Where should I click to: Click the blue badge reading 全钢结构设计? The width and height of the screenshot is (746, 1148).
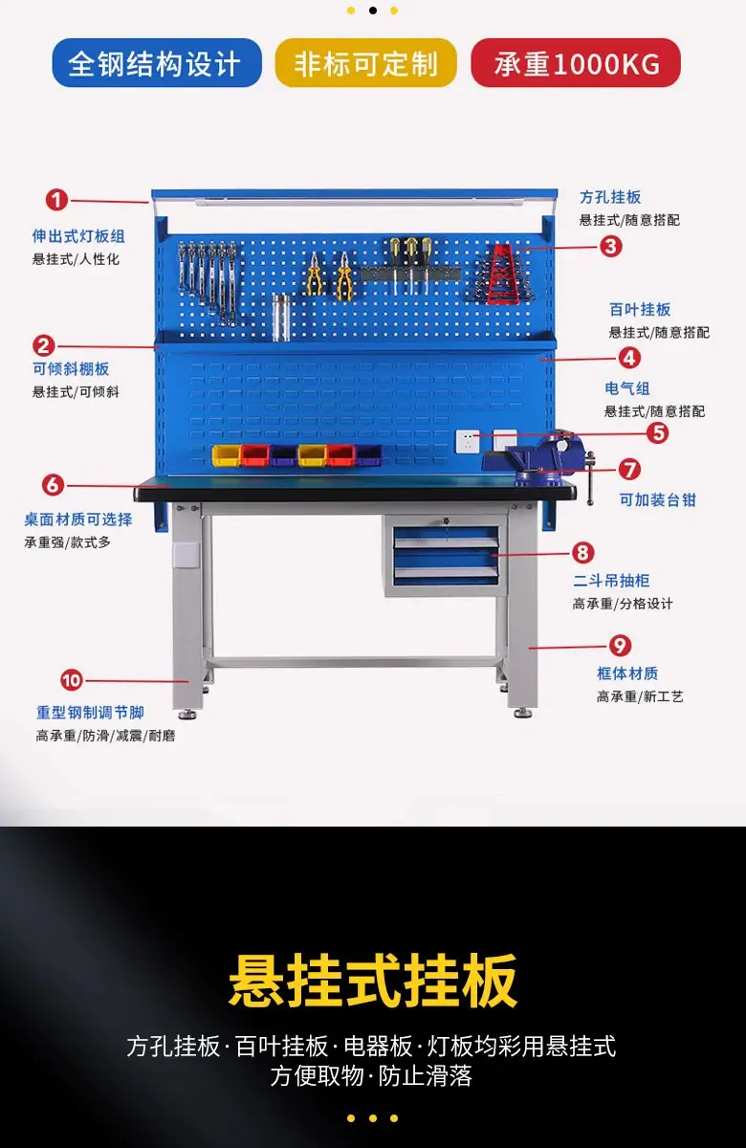[x=157, y=63]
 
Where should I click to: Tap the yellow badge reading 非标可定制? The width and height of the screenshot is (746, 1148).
[x=365, y=63]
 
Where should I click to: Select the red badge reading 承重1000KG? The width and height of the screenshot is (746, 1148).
[x=576, y=63]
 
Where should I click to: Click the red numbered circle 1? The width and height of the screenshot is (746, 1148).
[x=56, y=200]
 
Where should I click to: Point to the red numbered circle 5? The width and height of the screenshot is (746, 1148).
[x=658, y=433]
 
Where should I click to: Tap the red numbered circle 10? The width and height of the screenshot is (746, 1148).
[x=71, y=680]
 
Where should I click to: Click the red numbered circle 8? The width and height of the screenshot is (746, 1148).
[x=582, y=553]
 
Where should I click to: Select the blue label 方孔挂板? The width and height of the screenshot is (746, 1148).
[x=610, y=197]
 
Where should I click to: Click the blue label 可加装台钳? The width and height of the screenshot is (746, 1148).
[x=657, y=499]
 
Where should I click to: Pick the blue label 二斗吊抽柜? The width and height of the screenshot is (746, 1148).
[x=611, y=581]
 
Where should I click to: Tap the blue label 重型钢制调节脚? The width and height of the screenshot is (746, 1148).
[x=90, y=713]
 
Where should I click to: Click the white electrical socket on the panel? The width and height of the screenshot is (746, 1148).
[x=468, y=441]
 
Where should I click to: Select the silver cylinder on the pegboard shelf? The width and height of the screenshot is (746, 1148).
[x=281, y=318]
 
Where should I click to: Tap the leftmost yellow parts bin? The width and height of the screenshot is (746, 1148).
[x=227, y=455]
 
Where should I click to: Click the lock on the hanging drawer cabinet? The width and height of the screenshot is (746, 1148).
[x=446, y=521]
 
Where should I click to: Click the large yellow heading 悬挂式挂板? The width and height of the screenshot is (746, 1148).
[x=372, y=981]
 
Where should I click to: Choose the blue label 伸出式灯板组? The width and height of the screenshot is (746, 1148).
[x=78, y=236]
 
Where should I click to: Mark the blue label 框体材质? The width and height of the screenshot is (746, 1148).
[x=627, y=673]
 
